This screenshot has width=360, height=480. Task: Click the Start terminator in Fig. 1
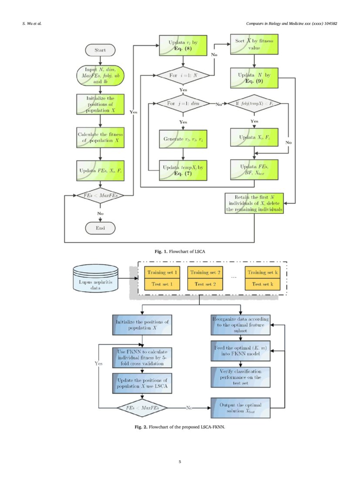100,50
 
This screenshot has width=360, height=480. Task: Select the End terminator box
100,227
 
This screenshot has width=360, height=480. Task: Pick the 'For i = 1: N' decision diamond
183,75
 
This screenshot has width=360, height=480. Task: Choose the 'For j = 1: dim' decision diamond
183,105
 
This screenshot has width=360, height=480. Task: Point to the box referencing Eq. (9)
254,78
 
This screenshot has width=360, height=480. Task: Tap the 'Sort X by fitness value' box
254,45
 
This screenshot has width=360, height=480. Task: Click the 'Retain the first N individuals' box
254,203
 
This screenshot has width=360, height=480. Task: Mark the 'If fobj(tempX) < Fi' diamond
254,105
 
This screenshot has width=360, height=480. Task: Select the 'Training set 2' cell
205,273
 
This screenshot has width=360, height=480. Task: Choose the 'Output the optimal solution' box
240,408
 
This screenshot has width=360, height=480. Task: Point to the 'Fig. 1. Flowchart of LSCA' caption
180,252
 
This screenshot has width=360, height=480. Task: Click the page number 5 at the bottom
180,461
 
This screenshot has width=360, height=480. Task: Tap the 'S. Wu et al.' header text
32,23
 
